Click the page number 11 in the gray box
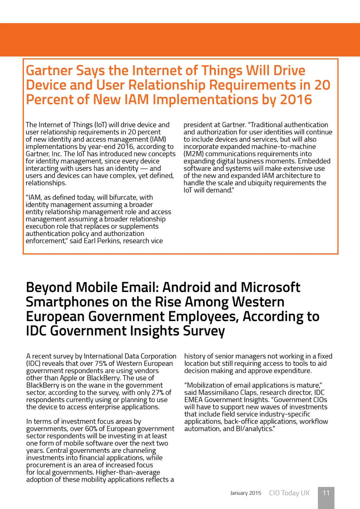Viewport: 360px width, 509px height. point(326,493)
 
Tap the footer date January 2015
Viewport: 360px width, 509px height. point(245,493)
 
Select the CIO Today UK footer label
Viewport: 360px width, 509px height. point(289,493)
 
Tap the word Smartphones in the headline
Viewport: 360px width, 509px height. point(67,302)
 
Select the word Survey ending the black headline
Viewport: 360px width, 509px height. point(204,331)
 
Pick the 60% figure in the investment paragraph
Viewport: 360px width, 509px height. point(91,428)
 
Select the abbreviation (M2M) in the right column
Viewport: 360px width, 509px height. point(193,154)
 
